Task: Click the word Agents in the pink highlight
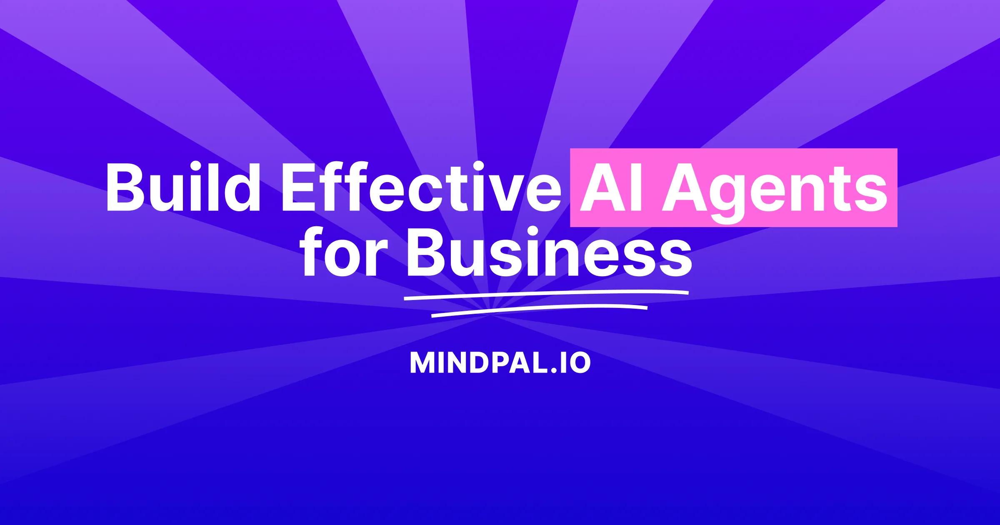pos(775,190)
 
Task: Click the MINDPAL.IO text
pos(500,362)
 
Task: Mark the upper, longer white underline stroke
pos(546,294)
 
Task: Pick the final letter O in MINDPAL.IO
pos(579,362)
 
